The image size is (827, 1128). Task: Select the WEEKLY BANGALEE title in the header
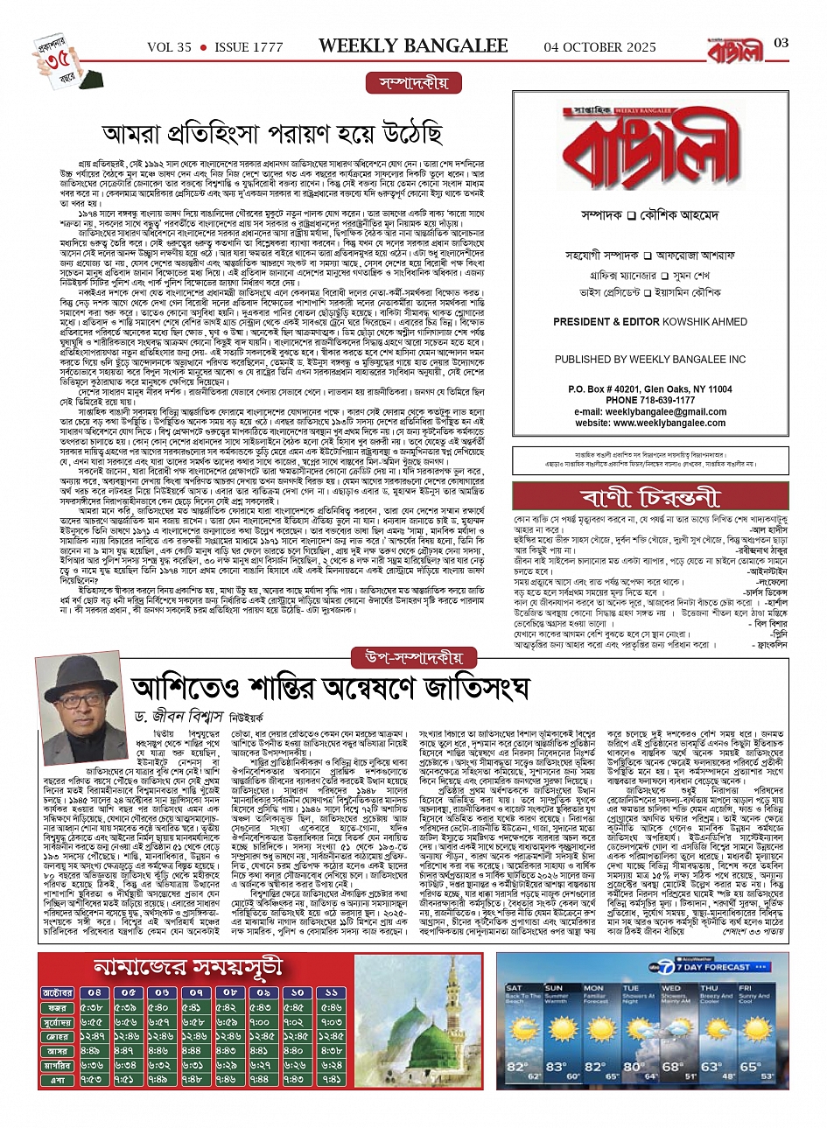[412, 45]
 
